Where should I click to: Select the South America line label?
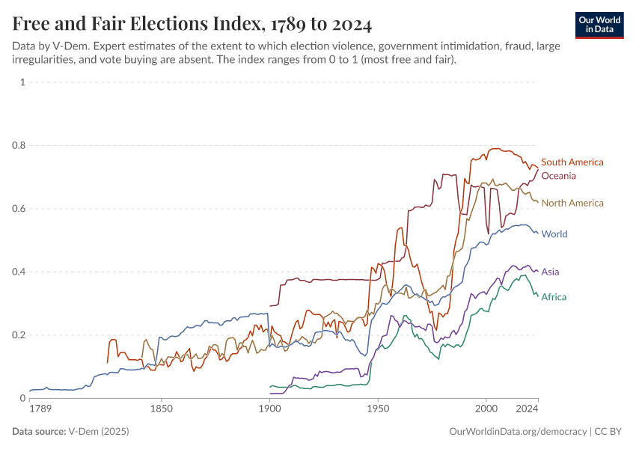coord(572,162)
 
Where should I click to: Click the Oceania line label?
coord(558,176)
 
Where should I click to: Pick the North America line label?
coord(572,203)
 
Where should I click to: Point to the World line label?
coord(554,234)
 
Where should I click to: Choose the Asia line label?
coord(550,272)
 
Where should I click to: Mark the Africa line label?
coord(554,297)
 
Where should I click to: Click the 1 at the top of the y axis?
coord(22,82)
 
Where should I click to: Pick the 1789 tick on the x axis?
coord(40,409)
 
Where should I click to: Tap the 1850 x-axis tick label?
coord(162,409)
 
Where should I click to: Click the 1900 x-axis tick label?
coord(269,409)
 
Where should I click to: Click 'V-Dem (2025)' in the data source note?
coord(97,432)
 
